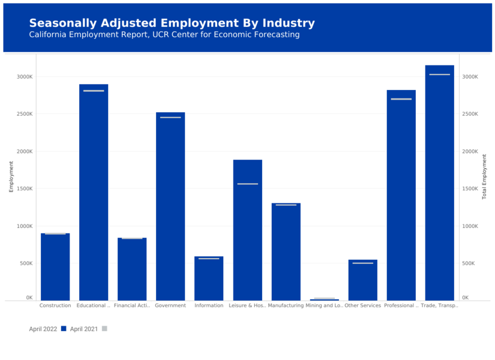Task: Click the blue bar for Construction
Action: [x=55, y=267]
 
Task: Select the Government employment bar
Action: [x=170, y=207]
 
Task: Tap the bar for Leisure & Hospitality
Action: [x=247, y=231]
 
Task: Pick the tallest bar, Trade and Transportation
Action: [x=439, y=183]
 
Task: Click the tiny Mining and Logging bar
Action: [x=325, y=299]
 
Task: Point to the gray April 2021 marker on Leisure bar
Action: [x=247, y=184]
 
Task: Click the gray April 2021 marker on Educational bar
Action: [x=94, y=91]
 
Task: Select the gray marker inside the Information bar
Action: [x=209, y=258]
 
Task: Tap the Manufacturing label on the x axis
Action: [x=286, y=305]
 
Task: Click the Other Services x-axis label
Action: [x=362, y=305]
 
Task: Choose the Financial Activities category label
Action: [x=132, y=305]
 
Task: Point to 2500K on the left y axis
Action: [x=25, y=114]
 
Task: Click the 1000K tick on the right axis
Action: [x=470, y=226]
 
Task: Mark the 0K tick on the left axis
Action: [x=29, y=298]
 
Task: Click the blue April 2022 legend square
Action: [x=64, y=329]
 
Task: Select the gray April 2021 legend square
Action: [x=104, y=329]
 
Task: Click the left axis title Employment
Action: [x=11, y=176]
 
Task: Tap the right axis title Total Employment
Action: [x=484, y=176]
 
